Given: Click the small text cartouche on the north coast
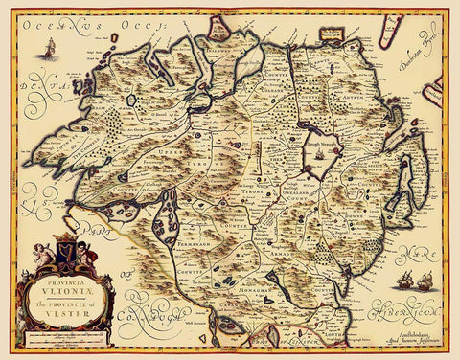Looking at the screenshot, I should (x=333, y=35).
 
